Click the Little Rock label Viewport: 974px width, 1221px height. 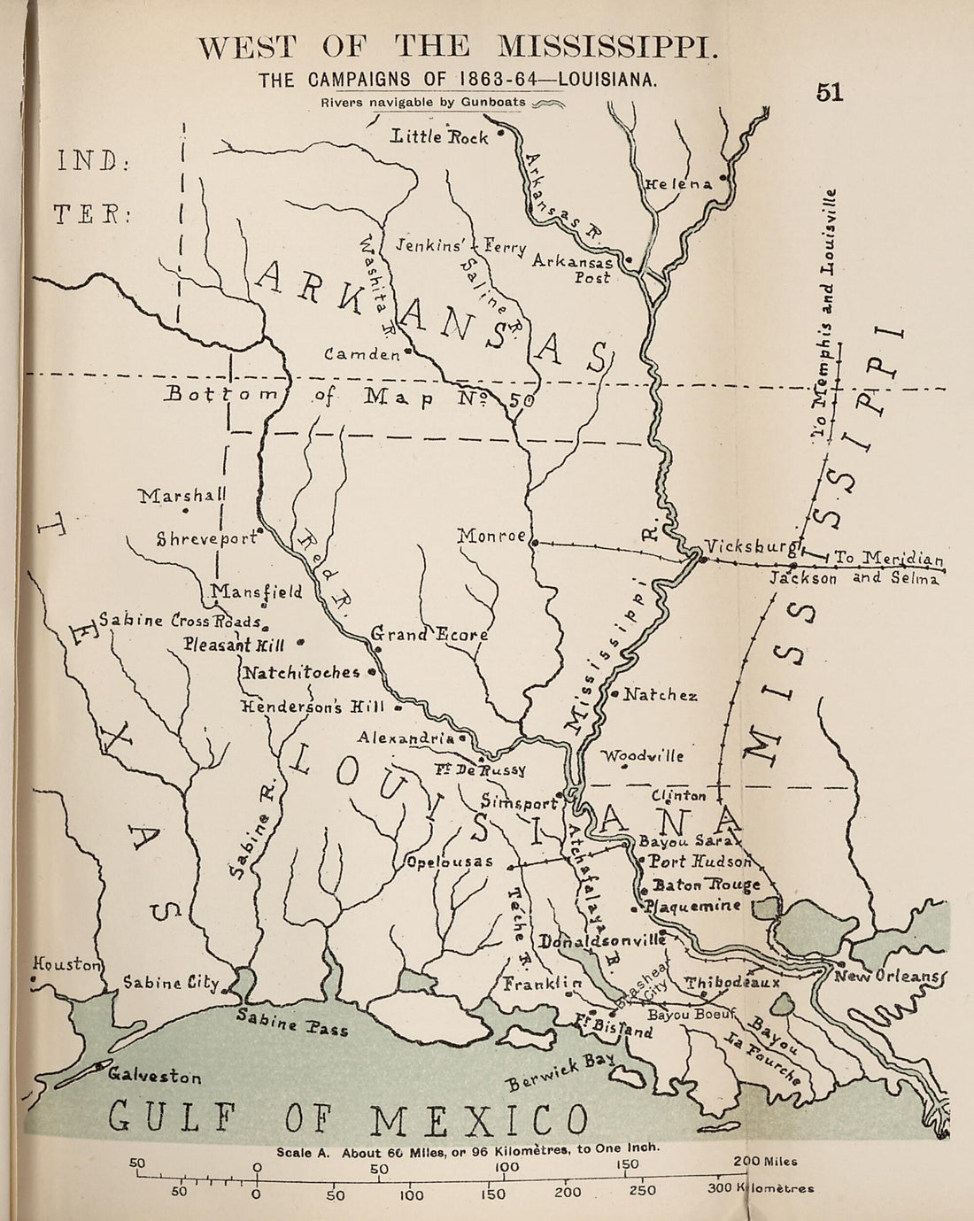pos(439,136)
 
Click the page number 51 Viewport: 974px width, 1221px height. pos(830,93)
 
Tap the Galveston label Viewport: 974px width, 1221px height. pos(155,1077)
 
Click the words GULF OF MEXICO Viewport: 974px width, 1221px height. pos(348,1118)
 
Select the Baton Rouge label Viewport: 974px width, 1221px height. pos(706,885)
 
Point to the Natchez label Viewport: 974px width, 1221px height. pos(660,695)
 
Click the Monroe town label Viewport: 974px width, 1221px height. pos(491,536)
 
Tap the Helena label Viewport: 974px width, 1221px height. pos(679,184)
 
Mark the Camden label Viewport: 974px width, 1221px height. pos(361,354)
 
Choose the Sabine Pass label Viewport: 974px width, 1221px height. pos(292,1024)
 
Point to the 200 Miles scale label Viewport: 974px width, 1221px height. pos(765,1162)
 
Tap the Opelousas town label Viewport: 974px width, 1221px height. pos(449,862)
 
